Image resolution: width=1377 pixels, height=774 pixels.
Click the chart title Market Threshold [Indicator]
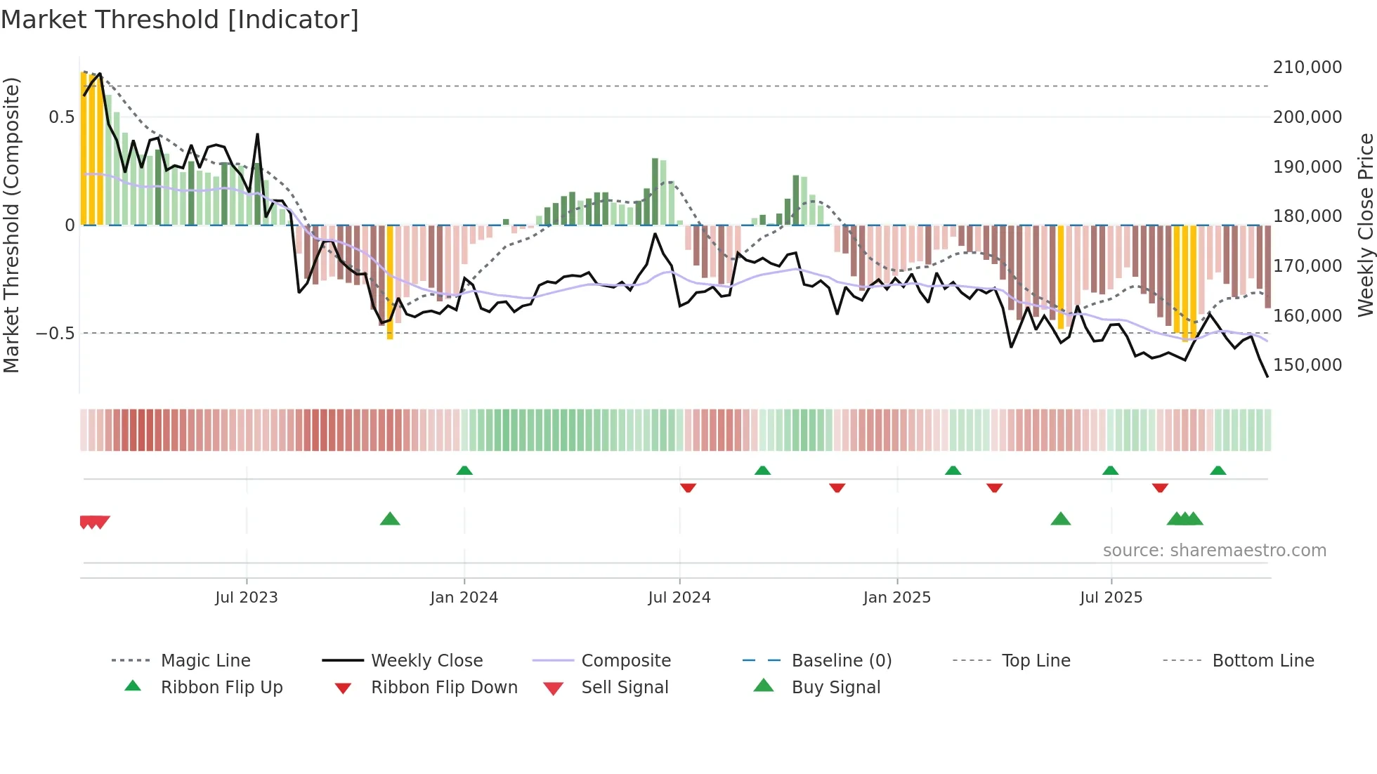click(180, 20)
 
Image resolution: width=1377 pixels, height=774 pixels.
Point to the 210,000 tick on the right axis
click(1307, 67)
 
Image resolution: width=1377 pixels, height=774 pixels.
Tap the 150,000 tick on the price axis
click(1307, 365)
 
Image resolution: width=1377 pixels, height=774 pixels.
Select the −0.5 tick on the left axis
click(55, 334)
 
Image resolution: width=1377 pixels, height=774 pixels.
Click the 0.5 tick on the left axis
click(61, 117)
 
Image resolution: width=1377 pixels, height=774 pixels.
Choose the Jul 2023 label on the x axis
click(247, 598)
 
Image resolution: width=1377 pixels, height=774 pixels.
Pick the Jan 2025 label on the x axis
click(896, 598)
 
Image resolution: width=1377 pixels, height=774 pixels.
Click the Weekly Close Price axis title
click(1365, 225)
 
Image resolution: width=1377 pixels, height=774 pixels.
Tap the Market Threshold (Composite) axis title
click(11, 225)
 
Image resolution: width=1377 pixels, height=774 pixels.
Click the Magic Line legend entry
click(205, 661)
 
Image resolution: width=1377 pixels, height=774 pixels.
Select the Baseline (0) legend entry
click(841, 661)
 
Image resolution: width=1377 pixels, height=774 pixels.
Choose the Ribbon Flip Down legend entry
click(443, 688)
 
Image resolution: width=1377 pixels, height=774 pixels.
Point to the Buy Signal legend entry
click(835, 688)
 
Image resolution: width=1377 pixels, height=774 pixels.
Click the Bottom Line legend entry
click(1262, 661)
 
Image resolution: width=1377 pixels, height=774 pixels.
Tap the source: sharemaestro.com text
click(1214, 551)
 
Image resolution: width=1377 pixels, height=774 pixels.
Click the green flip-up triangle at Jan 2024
click(464, 471)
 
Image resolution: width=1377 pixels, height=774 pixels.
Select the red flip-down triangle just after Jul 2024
click(688, 487)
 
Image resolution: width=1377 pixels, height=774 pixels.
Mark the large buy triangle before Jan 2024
click(390, 519)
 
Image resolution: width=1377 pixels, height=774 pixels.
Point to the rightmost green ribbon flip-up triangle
click(1218, 471)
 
